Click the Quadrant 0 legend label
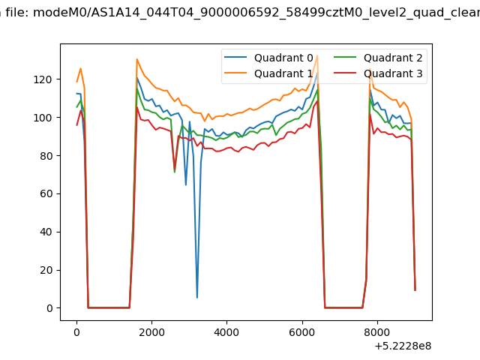[x=283, y=58]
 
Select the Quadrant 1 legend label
[x=283, y=73]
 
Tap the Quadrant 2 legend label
[x=393, y=58]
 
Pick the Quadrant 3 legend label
[x=393, y=73]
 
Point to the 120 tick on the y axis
[x=43, y=79]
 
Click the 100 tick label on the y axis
[x=43, y=118]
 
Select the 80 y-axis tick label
[x=46, y=156]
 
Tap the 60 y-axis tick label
[x=46, y=193]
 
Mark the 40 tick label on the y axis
[x=46, y=232]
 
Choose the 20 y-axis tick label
[x=46, y=270]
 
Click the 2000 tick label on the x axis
[x=151, y=332]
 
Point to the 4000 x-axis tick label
[x=226, y=332]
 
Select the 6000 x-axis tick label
[x=302, y=332]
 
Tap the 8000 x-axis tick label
[x=377, y=332]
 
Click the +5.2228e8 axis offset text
[x=403, y=346]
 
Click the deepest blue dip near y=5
[x=197, y=298]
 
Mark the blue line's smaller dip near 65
[x=186, y=185]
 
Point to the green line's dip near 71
[x=175, y=172]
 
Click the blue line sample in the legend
[x=235, y=57]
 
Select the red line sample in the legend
[x=345, y=73]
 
